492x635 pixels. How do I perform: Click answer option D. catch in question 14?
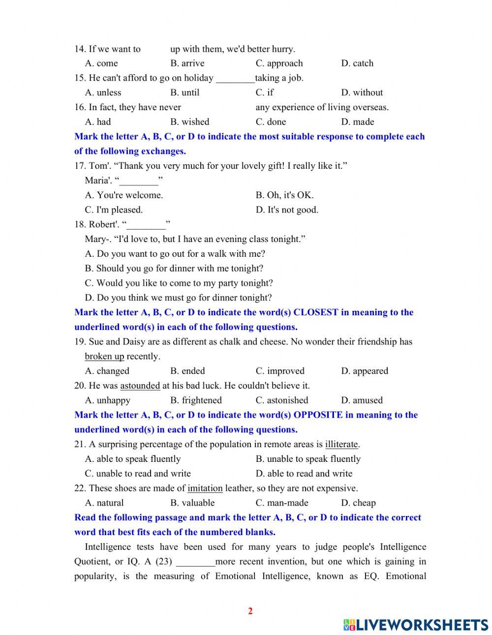[357, 63]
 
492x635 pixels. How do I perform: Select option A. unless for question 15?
[103, 92]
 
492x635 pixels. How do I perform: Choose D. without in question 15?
[362, 92]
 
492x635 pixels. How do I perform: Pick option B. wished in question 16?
[189, 122]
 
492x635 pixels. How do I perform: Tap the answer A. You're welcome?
[124, 195]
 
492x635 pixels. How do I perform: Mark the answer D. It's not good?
[287, 210]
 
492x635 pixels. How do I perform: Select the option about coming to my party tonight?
[179, 283]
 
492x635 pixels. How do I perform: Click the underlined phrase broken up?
[104, 357]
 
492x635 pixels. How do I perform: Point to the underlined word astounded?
[140, 386]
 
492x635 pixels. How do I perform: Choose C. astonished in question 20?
[282, 400]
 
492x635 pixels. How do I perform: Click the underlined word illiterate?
[341, 445]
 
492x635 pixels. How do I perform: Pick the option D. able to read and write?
[304, 474]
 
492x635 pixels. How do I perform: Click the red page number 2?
[250, 611]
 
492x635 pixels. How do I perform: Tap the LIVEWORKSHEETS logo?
[416, 624]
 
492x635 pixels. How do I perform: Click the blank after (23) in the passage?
[195, 562]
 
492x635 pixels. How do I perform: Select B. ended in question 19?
[187, 371]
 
